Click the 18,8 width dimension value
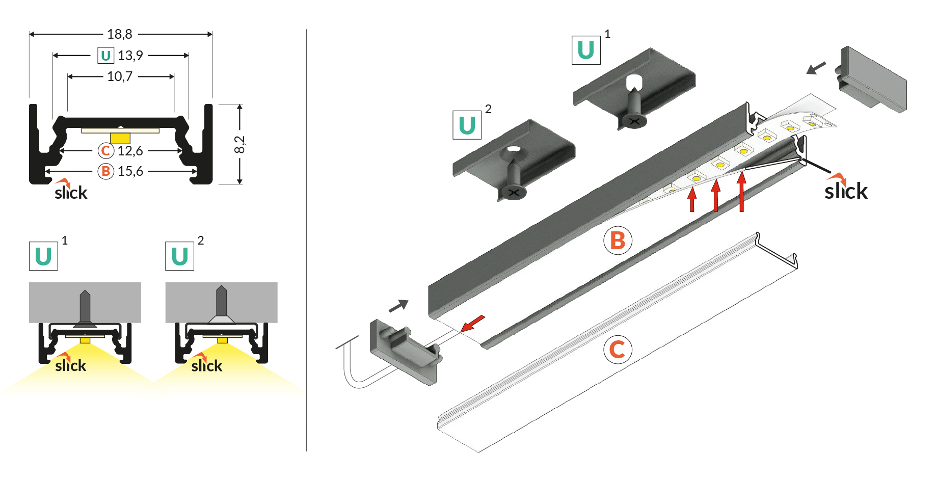(120, 34)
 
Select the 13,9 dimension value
(130, 56)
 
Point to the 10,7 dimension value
(120, 76)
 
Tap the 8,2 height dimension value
(239, 144)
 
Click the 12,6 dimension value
(130, 151)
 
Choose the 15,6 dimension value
(130, 171)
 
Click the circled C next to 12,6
(105, 151)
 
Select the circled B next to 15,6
(105, 171)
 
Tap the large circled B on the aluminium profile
(618, 241)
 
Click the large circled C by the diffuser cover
(618, 350)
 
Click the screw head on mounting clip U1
(633, 121)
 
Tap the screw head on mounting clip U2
(513, 193)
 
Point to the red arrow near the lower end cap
(472, 324)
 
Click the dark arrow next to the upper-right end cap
(816, 68)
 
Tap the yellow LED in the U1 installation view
(85, 340)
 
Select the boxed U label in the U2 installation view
(179, 256)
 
